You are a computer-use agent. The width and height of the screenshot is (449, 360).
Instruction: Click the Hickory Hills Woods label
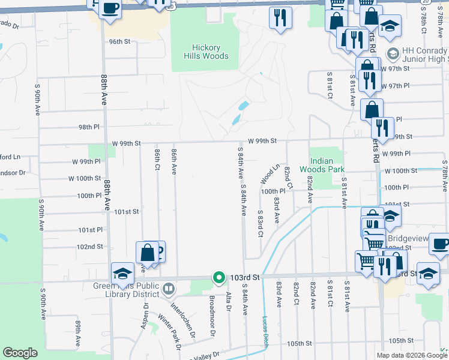(x=206, y=52)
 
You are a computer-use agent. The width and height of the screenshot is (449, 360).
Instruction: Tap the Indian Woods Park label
(x=327, y=165)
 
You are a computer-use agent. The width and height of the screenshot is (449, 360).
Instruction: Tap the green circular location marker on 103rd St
(x=219, y=278)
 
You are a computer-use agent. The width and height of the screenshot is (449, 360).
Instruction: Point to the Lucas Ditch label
(x=265, y=332)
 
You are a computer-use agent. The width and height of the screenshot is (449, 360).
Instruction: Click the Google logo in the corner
(x=20, y=353)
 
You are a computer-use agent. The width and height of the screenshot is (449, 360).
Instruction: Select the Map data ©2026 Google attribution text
(x=412, y=355)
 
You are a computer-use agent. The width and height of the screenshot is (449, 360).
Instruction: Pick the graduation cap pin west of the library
(x=122, y=273)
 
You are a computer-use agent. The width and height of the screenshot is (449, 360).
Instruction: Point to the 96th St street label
(x=119, y=41)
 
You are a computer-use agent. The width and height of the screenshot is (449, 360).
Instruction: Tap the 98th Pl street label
(x=88, y=127)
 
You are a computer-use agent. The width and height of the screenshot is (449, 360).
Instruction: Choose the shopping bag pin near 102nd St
(x=147, y=253)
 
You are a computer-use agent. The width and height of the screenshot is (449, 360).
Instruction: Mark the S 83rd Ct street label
(x=261, y=223)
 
